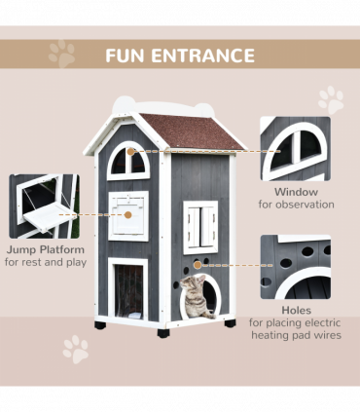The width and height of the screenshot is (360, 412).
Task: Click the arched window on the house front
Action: click(127, 160)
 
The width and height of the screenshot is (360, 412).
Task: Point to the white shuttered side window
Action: click(200, 227)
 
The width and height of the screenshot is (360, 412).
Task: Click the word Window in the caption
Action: click(295, 192)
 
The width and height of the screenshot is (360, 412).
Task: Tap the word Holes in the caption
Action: click(295, 311)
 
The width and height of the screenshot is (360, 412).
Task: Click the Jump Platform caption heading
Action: click(44, 249)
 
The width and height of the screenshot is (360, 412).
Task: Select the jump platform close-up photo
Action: click(44, 206)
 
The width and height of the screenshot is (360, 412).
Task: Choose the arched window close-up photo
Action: click(295, 149)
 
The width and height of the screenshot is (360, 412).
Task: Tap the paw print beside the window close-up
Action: click(331, 99)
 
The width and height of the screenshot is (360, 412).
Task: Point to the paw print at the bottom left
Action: click(75, 349)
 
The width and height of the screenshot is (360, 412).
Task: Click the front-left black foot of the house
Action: click(100, 324)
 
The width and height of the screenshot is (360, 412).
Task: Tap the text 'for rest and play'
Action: click(44, 262)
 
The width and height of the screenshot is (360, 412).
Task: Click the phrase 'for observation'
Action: click(295, 205)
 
